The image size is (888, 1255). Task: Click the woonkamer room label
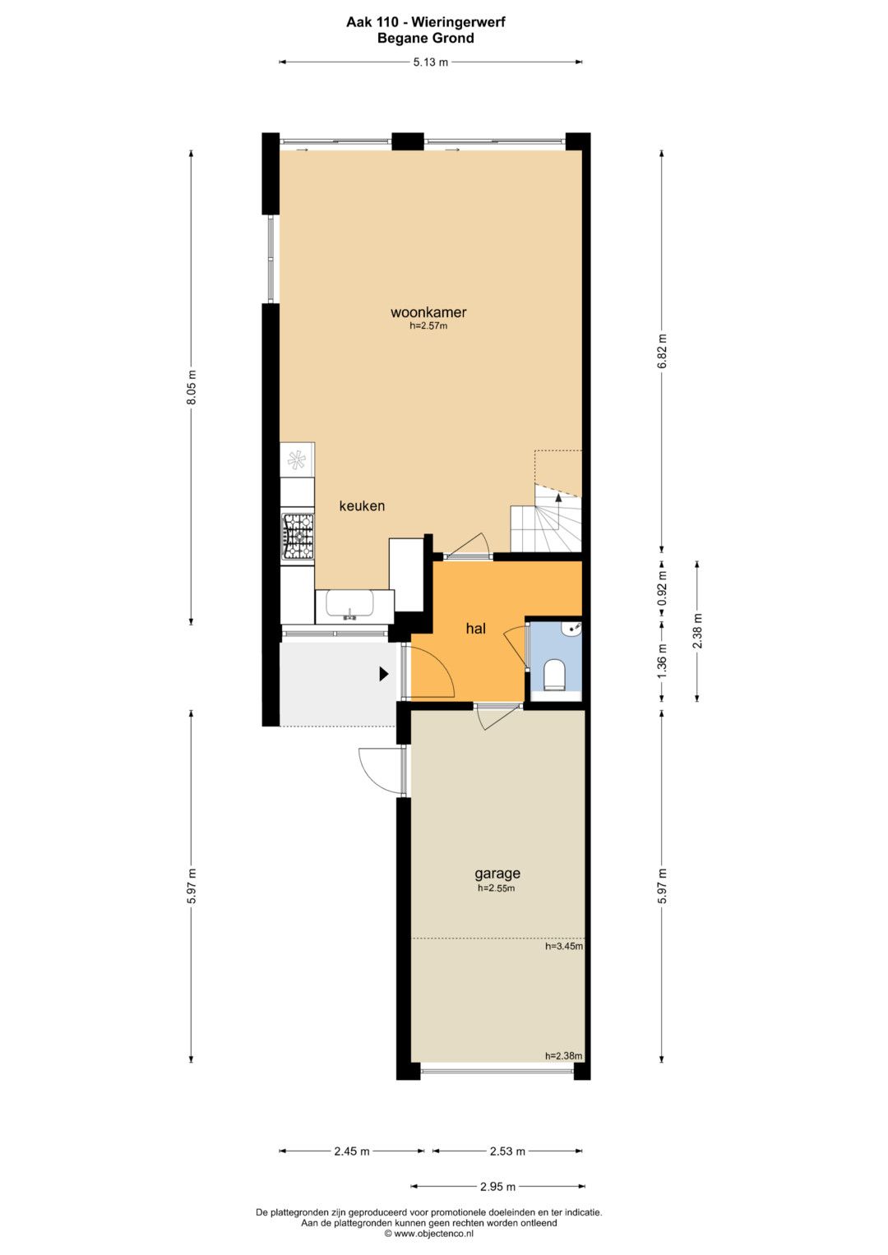coord(428,312)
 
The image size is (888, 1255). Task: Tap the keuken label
coord(362,506)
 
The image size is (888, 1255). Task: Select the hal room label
coord(475,629)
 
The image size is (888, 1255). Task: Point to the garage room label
coord(497,874)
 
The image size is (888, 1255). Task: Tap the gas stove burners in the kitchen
coord(298,537)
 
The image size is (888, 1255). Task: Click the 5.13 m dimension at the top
coord(431,62)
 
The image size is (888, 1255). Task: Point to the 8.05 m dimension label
coord(191,387)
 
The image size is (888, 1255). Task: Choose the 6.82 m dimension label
coord(663,351)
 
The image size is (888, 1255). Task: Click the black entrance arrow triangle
coord(384,674)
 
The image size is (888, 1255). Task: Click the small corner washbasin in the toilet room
coord(574,629)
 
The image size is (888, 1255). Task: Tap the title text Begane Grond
coord(426,38)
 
